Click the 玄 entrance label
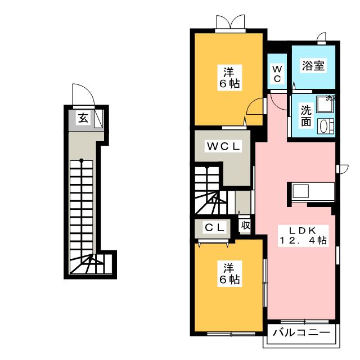tap(83, 118)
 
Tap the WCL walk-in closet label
tap(223, 147)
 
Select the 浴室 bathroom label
tap(312, 66)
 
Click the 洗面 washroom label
tap(306, 115)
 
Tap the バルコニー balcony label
tap(301, 333)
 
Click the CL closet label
tap(214, 227)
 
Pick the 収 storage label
tap(245, 226)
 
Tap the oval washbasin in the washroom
tap(325, 126)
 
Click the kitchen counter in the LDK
tap(313, 191)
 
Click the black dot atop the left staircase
tap(82, 160)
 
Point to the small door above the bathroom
tap(322, 38)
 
